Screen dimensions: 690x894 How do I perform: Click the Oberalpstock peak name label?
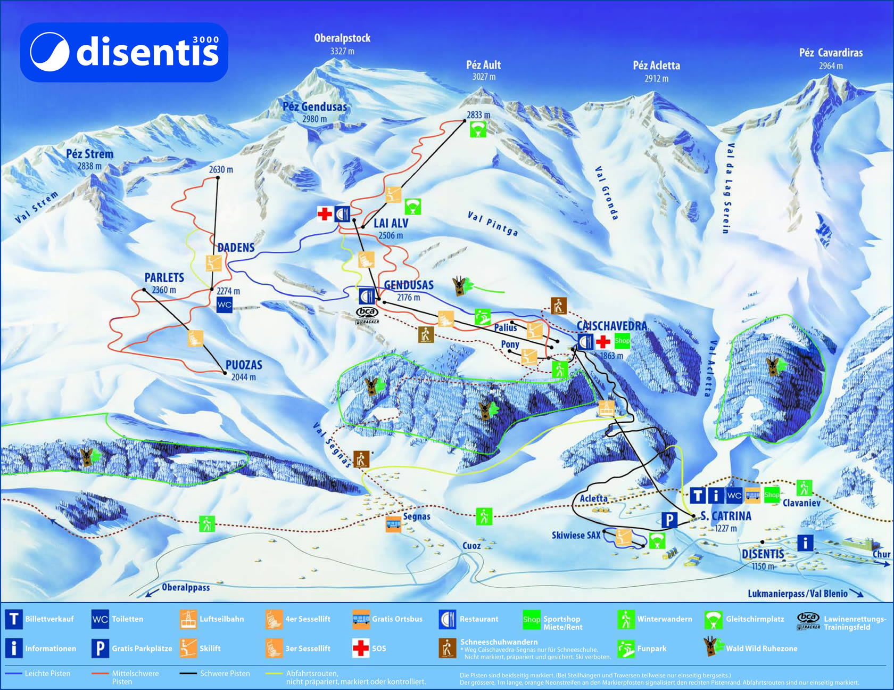click(x=342, y=38)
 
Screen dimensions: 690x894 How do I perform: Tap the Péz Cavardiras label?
click(x=831, y=53)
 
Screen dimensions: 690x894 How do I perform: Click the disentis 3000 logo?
click(x=124, y=52)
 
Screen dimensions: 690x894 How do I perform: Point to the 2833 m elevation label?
click(x=478, y=114)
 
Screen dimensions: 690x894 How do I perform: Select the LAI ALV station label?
click(x=391, y=224)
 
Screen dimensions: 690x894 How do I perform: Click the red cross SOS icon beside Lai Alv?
click(x=324, y=214)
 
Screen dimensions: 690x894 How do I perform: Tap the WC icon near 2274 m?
click(x=225, y=305)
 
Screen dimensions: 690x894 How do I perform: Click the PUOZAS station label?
click(x=244, y=365)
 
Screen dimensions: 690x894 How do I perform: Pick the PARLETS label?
click(x=164, y=278)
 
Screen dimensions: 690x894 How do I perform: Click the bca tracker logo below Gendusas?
click(x=367, y=315)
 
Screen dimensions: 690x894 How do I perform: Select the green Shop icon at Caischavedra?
click(x=622, y=341)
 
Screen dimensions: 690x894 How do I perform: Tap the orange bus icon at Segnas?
click(x=393, y=525)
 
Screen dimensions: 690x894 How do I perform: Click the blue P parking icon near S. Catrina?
click(x=669, y=520)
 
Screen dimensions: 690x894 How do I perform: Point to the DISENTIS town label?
click(x=763, y=554)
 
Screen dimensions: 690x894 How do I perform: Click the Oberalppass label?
click(x=186, y=588)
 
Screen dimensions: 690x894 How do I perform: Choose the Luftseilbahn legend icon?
click(x=187, y=619)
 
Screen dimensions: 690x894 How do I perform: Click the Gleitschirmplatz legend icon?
click(x=713, y=619)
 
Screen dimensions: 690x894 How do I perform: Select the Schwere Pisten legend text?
click(x=225, y=673)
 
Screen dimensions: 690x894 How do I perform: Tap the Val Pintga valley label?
click(x=493, y=223)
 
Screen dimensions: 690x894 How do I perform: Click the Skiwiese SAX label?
click(x=576, y=535)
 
